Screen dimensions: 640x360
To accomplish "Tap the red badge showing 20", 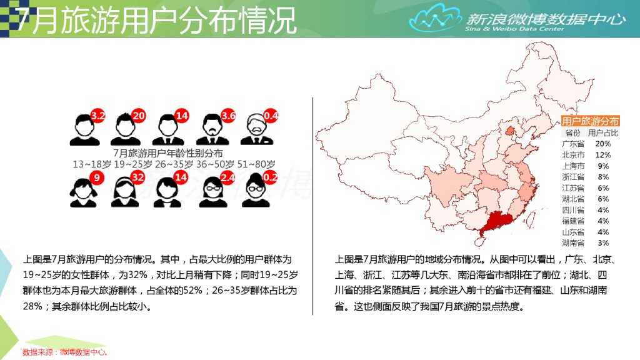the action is (139, 116).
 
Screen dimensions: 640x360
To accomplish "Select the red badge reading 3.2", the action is (97, 116).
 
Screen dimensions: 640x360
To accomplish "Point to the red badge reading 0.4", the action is (271, 116).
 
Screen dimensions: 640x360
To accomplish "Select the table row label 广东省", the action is (573, 144).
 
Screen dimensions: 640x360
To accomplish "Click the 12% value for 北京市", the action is (603, 155).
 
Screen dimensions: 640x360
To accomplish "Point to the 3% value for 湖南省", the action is (603, 242).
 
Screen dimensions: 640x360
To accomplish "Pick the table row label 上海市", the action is (573, 166).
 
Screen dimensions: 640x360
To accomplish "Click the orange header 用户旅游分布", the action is (590, 121).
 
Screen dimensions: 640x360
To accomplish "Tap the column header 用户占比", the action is (603, 132).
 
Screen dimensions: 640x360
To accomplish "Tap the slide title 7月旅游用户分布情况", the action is (156, 21).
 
